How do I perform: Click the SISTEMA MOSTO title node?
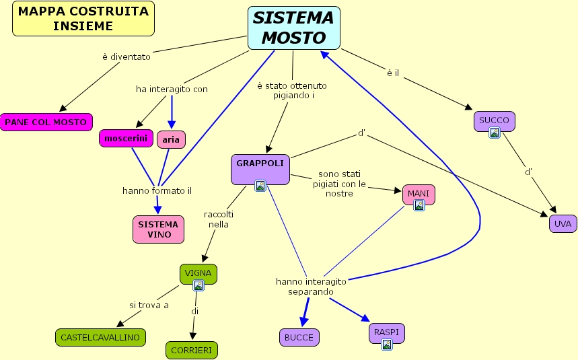coord(293,28)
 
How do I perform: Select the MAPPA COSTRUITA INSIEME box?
coord(83,19)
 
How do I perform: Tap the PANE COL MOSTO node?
coord(46,122)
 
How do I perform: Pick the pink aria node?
coord(171,139)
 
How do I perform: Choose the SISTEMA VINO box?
coord(158,229)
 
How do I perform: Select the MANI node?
coord(419,194)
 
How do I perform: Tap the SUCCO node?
coord(495,121)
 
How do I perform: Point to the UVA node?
coord(563,224)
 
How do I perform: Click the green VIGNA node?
coord(198,273)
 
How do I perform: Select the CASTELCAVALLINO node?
coord(100,337)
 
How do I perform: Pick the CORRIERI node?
coord(192,350)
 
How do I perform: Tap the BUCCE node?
coord(299,337)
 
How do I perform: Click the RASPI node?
coord(387,332)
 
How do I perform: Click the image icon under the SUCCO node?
coord(495,133)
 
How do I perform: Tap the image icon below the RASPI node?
coord(387,345)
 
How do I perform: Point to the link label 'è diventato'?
coord(127,57)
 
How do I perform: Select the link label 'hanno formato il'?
coord(157,191)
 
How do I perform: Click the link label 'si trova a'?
coord(149,305)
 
